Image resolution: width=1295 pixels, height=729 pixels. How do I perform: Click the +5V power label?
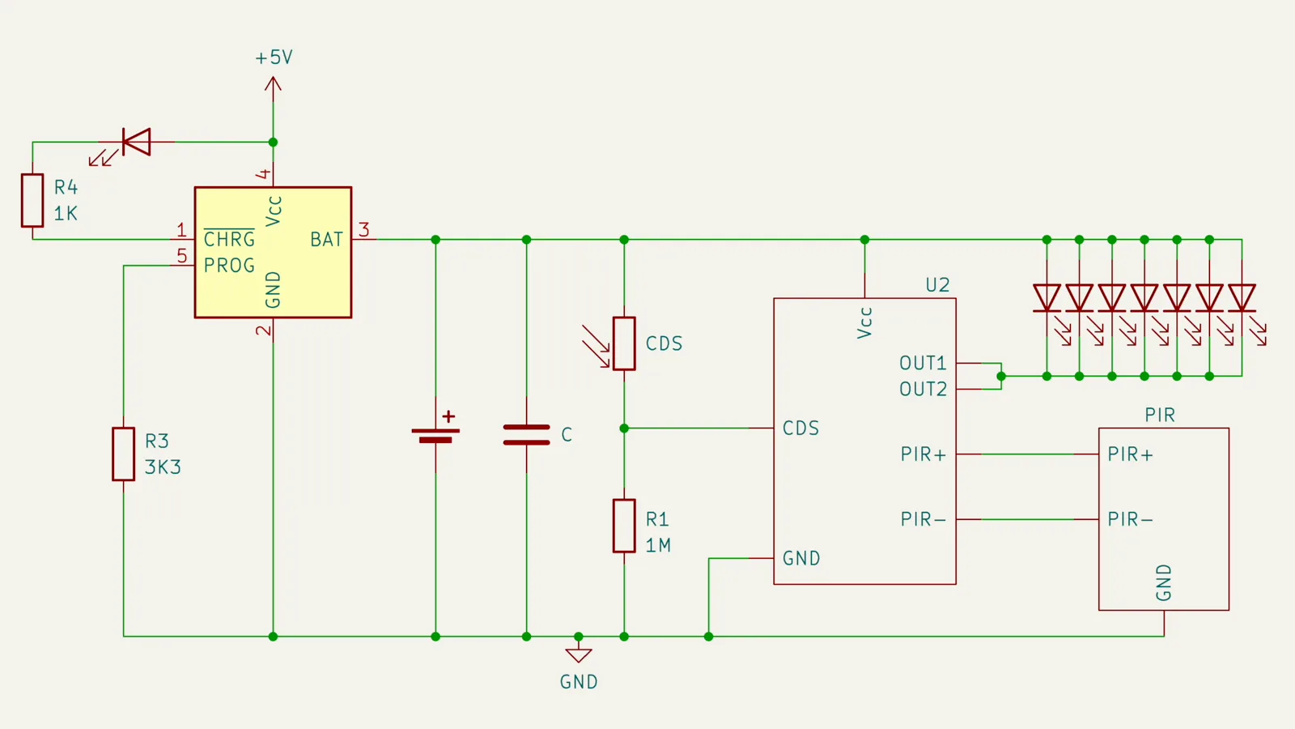274,58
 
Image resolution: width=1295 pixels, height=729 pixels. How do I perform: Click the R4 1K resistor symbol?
32,200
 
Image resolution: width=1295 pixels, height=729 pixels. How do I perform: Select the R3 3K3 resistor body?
123,454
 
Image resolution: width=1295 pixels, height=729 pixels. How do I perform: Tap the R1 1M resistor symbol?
624,526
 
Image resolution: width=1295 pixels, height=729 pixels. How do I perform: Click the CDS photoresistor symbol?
624,343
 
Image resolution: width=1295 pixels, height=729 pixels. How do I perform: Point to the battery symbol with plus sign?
435,434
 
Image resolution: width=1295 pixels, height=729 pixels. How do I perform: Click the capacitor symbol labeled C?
526,434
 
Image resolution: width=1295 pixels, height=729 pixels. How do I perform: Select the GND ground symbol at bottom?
579,655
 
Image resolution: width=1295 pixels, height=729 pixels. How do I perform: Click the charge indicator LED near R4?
136,142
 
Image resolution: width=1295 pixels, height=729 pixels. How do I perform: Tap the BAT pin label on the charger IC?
326,240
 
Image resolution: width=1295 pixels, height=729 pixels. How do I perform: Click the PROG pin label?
229,266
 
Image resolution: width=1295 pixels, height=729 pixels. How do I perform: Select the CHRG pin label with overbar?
229,239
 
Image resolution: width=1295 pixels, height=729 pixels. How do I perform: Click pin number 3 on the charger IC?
364,230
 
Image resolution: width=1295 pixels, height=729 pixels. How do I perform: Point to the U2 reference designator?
937,285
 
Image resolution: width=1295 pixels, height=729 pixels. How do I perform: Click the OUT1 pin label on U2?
923,363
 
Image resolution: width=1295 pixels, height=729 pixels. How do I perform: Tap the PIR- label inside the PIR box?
1130,519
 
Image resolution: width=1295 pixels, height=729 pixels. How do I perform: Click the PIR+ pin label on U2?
923,454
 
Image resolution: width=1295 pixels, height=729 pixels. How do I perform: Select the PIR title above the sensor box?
1160,415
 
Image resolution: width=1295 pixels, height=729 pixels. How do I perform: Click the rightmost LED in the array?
1242,298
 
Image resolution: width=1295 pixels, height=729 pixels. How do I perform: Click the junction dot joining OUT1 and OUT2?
1001,376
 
